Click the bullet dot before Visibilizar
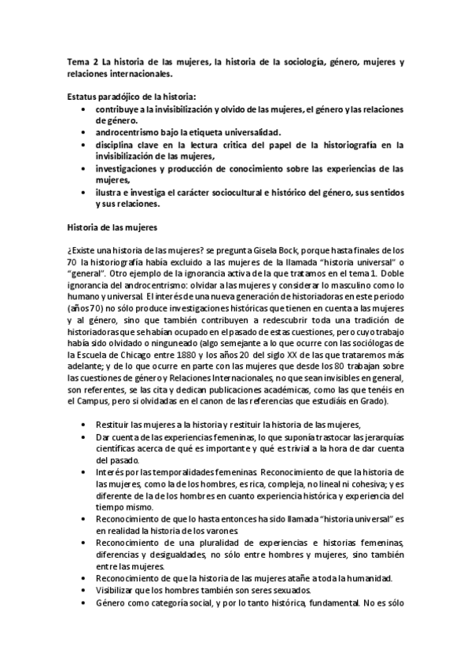coord(83,591)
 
